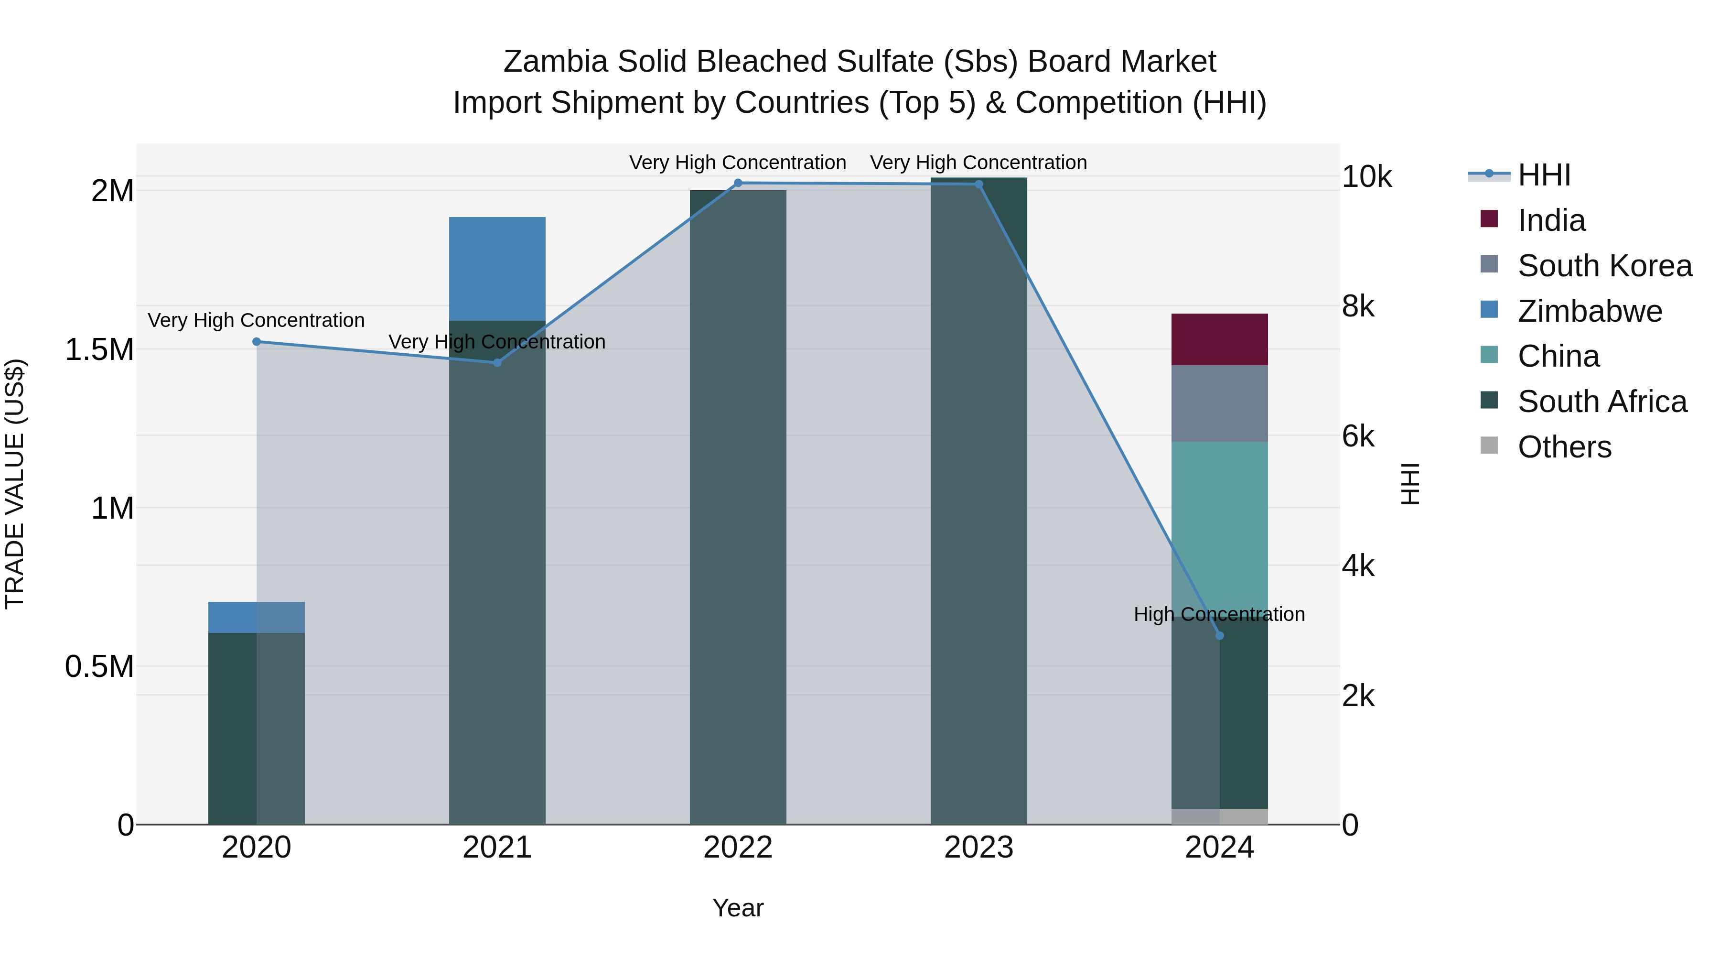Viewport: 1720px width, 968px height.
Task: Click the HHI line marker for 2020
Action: pos(257,341)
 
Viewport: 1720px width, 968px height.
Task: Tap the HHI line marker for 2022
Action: pos(738,183)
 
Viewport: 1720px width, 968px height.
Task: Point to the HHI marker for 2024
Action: pos(1219,635)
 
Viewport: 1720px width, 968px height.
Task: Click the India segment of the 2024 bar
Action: pos(1219,339)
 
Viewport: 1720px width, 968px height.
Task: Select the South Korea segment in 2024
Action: pos(1219,403)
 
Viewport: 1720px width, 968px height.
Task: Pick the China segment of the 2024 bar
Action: pos(1219,521)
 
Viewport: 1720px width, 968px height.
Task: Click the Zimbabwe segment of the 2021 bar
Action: pos(497,269)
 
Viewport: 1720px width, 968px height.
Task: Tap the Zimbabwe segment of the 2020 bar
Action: pos(257,617)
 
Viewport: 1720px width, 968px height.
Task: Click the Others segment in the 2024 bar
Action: pos(1219,816)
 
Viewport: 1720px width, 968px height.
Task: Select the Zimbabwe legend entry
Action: pos(1589,311)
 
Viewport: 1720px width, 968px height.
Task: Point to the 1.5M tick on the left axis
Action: pos(99,350)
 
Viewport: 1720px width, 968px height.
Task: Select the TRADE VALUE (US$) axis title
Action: pos(15,484)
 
